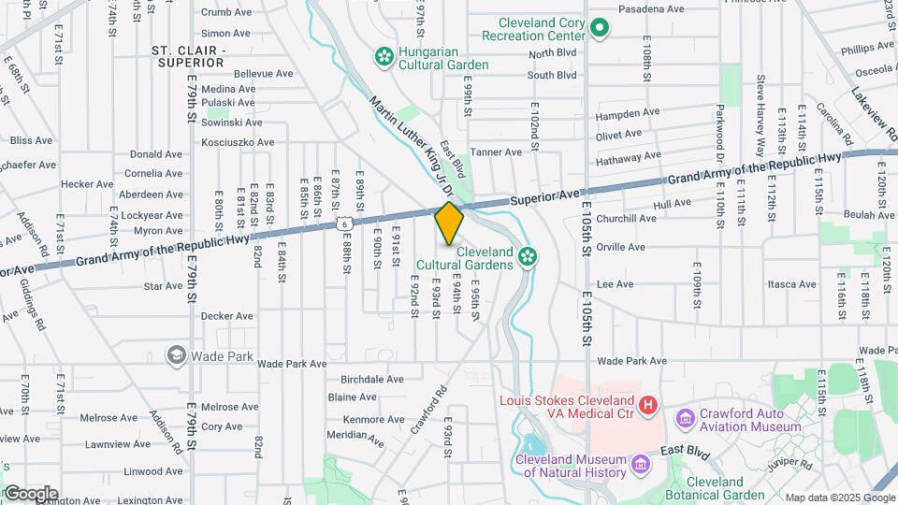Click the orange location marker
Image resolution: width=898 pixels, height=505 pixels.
tap(449, 224)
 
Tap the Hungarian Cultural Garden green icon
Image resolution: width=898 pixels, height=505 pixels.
tap(383, 57)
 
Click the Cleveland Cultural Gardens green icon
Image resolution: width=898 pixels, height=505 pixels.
tap(528, 254)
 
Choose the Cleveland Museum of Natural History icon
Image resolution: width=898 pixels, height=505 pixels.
tap(640, 463)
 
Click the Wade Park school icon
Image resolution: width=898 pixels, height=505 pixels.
tap(176, 354)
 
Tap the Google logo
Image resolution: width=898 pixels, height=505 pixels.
tap(31, 494)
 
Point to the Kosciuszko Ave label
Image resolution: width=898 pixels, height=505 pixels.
tap(238, 142)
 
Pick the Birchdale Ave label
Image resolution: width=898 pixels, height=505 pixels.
tap(372, 380)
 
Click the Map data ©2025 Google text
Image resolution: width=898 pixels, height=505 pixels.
tap(839, 498)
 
